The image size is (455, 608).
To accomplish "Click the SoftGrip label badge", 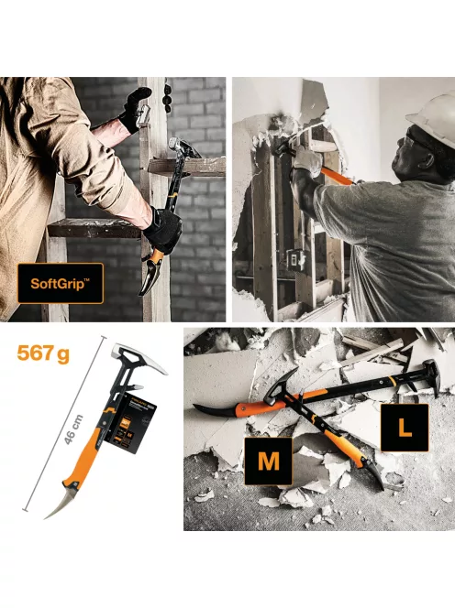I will pyautogui.click(x=61, y=284).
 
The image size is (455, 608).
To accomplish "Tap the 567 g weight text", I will pyautogui.click(x=42, y=353).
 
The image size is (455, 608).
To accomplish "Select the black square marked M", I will pyautogui.click(x=268, y=461).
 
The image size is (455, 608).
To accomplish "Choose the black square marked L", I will pyautogui.click(x=404, y=427).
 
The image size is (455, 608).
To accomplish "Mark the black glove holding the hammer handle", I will pyautogui.click(x=162, y=229).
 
